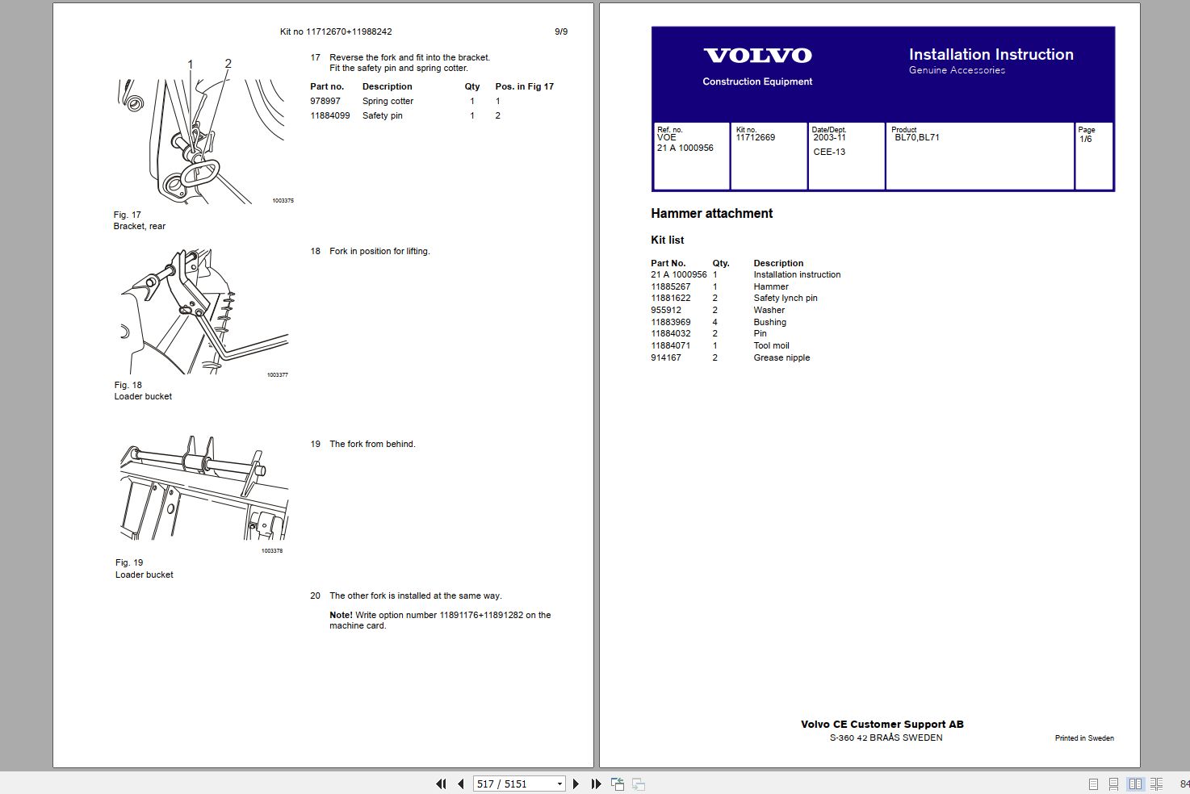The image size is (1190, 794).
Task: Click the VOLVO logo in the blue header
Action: click(757, 56)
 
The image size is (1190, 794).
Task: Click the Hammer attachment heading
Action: click(711, 214)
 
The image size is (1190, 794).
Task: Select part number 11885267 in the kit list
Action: click(670, 286)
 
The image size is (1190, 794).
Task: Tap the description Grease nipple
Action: click(781, 357)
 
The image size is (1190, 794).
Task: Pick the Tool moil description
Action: click(771, 345)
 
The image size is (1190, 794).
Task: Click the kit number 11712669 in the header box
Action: click(755, 138)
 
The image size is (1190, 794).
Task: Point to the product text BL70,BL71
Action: click(916, 138)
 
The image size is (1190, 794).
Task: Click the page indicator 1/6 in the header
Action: click(1085, 140)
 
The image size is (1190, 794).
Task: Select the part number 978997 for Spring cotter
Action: click(325, 102)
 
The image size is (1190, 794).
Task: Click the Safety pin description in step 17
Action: click(382, 116)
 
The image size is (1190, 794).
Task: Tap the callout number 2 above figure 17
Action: click(228, 64)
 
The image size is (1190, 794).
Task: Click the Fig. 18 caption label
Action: click(128, 385)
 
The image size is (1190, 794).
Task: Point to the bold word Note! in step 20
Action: click(341, 615)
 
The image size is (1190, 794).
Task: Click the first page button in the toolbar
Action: click(441, 784)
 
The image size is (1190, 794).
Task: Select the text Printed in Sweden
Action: click(1083, 738)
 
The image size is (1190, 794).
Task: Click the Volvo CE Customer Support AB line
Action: click(882, 725)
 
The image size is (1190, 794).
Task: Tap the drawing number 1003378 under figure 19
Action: click(272, 551)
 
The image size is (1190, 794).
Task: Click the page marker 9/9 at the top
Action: click(560, 32)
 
